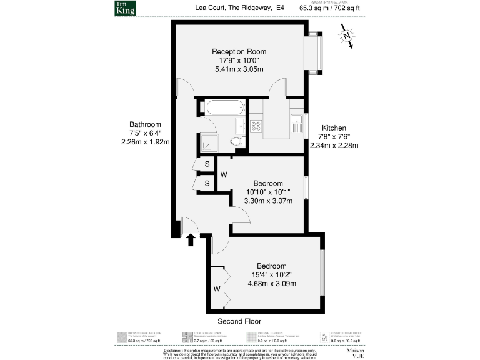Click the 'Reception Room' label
[x=239, y=51]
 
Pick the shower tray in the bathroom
[x=207, y=144]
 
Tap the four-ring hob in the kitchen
[x=256, y=126]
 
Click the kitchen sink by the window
[x=298, y=120]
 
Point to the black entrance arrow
[x=191, y=239]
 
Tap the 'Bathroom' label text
[x=145, y=124]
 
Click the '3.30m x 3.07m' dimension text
[x=267, y=201]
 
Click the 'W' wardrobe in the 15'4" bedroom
[x=216, y=289]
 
